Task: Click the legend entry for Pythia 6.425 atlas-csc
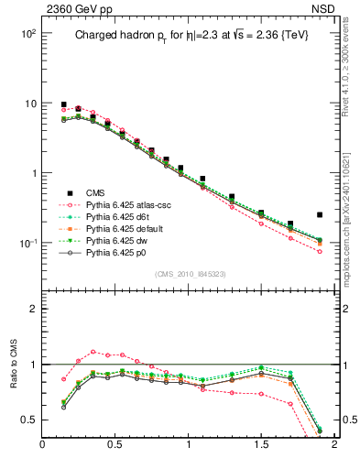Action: pyautogui.click(x=125, y=205)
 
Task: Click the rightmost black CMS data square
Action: pyautogui.click(x=320, y=214)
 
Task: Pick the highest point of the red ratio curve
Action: pyautogui.click(x=93, y=351)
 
